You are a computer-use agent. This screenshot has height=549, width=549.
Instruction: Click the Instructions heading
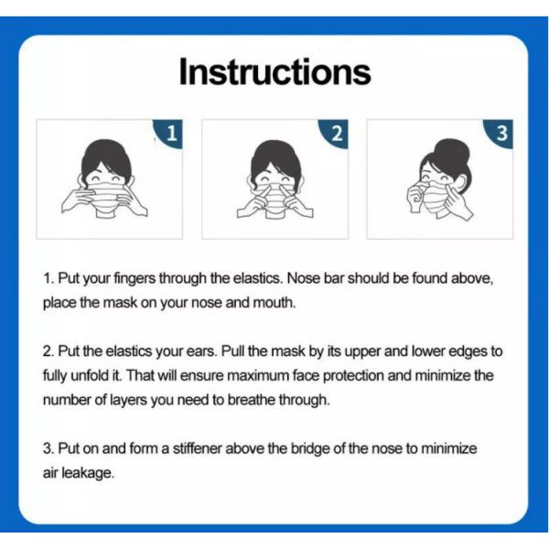[274, 72]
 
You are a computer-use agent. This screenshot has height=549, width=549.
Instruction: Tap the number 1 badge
[171, 135]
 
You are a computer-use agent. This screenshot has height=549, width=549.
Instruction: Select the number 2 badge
[337, 135]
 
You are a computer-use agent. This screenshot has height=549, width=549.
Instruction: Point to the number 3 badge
[501, 135]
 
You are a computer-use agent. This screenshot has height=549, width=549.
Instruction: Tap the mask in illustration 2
[274, 196]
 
